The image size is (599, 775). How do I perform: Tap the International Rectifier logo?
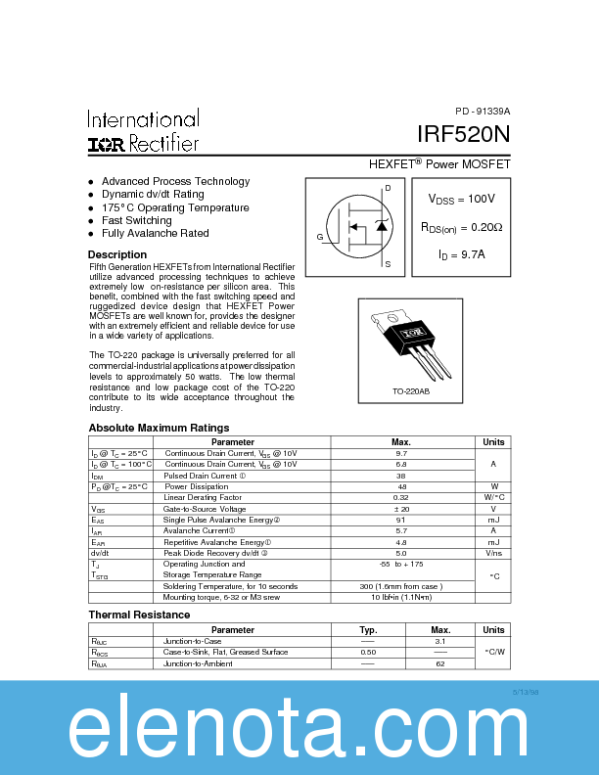tap(144, 132)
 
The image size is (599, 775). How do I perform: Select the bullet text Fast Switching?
tap(136, 220)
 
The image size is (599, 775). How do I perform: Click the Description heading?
tap(117, 254)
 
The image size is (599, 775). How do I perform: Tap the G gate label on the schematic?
tap(319, 238)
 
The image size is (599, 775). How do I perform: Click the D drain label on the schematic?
tap(388, 187)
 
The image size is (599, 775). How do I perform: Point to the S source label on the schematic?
tap(388, 264)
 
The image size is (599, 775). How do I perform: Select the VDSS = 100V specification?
tap(461, 199)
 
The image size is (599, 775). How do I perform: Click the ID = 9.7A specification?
tap(461, 255)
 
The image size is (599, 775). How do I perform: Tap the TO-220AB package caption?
tap(412, 392)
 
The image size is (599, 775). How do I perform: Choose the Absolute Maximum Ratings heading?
tap(159, 428)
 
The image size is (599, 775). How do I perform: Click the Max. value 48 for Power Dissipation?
tap(401, 486)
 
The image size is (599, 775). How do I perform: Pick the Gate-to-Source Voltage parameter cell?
tap(205, 510)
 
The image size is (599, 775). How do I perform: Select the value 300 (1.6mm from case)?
tap(401, 586)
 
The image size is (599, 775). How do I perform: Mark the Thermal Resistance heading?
tap(139, 615)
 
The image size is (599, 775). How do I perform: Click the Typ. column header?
tap(368, 630)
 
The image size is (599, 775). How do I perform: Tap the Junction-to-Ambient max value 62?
tap(440, 663)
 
